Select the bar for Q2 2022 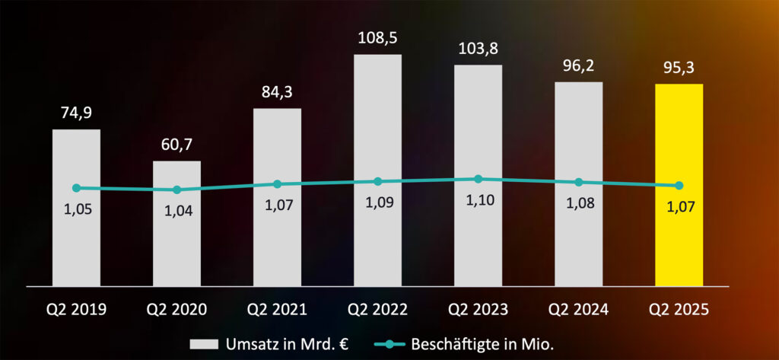coord(377,236)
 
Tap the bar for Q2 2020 coord(176,244)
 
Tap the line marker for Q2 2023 coord(478,179)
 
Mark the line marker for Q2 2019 coord(76,188)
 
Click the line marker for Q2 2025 coord(679,186)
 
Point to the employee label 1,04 coord(176,212)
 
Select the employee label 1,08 coord(578,205)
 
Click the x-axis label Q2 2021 coord(277,309)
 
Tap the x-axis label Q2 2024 coord(578,309)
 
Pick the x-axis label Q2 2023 coord(478,309)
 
